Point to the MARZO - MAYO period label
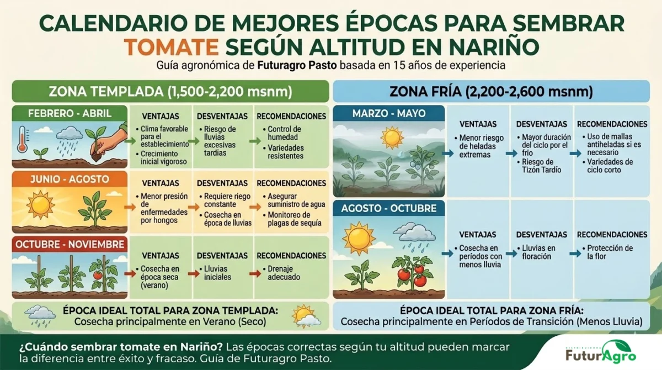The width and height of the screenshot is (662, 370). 389,114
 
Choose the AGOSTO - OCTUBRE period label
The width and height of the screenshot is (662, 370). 389,209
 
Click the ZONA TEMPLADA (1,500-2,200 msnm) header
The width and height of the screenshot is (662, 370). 170,91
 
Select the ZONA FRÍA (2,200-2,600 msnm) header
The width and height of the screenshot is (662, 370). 491,91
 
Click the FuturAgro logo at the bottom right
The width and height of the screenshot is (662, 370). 601,352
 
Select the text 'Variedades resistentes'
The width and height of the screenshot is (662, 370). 285,152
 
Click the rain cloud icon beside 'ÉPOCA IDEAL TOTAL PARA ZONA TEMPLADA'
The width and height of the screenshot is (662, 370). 38,314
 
